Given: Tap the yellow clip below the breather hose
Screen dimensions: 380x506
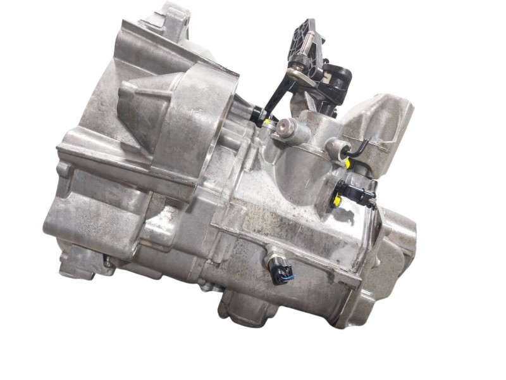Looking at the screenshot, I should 349,163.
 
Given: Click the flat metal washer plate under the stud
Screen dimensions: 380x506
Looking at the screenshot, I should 302,75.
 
